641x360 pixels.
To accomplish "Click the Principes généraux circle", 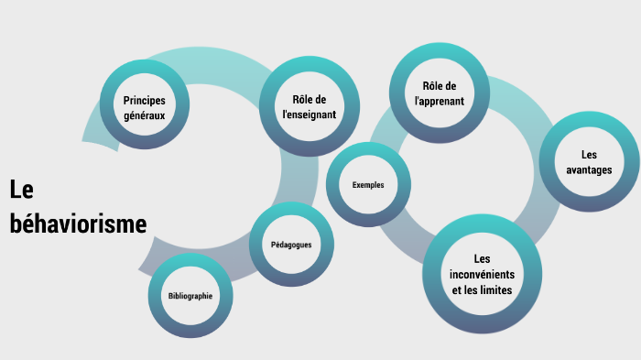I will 144,105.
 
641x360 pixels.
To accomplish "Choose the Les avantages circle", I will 589,161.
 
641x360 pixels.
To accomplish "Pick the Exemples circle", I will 367,184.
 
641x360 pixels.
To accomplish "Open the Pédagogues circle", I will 291,245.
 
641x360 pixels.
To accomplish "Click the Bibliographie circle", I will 190,296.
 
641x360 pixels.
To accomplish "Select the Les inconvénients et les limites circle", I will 481,274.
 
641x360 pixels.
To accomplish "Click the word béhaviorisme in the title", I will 78,224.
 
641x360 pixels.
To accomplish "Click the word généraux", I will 144,116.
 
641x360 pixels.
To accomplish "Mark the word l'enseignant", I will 309,115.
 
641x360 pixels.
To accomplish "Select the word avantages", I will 589,170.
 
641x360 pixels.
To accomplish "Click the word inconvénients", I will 482,274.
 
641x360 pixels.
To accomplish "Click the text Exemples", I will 367,184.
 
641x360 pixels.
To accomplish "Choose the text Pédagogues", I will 291,245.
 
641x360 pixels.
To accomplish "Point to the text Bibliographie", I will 190,296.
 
